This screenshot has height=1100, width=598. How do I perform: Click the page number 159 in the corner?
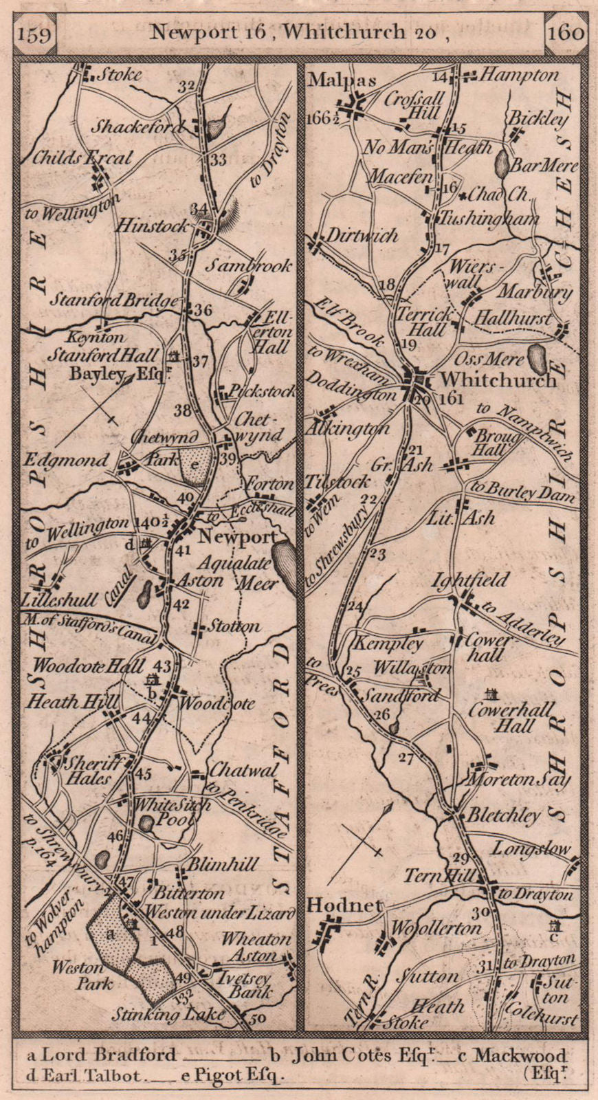pyautogui.click(x=34, y=32)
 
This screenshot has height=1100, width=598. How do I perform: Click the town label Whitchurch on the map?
pyautogui.click(x=498, y=379)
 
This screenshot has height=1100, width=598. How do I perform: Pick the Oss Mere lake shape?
pyautogui.click(x=535, y=355)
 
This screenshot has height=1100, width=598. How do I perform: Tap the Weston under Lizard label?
pyautogui.click(x=218, y=912)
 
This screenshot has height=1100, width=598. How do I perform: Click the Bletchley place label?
pyautogui.click(x=504, y=816)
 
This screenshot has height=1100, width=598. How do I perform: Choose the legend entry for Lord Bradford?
pyautogui.click(x=102, y=1055)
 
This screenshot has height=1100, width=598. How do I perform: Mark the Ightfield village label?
pyautogui.click(x=470, y=580)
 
